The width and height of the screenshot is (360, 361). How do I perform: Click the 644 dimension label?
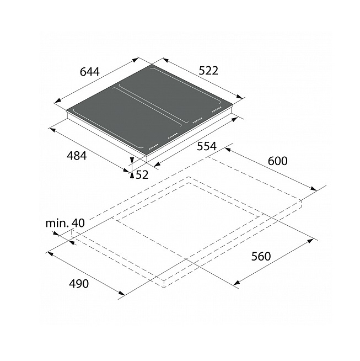90,72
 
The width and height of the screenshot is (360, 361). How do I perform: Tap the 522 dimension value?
208,71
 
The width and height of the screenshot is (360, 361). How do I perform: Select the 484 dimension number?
77,156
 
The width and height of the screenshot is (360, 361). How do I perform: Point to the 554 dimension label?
207,146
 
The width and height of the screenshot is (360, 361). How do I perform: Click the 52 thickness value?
142,175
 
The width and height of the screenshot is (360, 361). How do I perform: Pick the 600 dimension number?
278,161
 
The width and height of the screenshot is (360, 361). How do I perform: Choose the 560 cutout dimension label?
261,257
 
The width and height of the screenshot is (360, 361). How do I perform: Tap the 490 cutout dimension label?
79,284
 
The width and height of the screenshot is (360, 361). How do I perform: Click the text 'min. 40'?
65,223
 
